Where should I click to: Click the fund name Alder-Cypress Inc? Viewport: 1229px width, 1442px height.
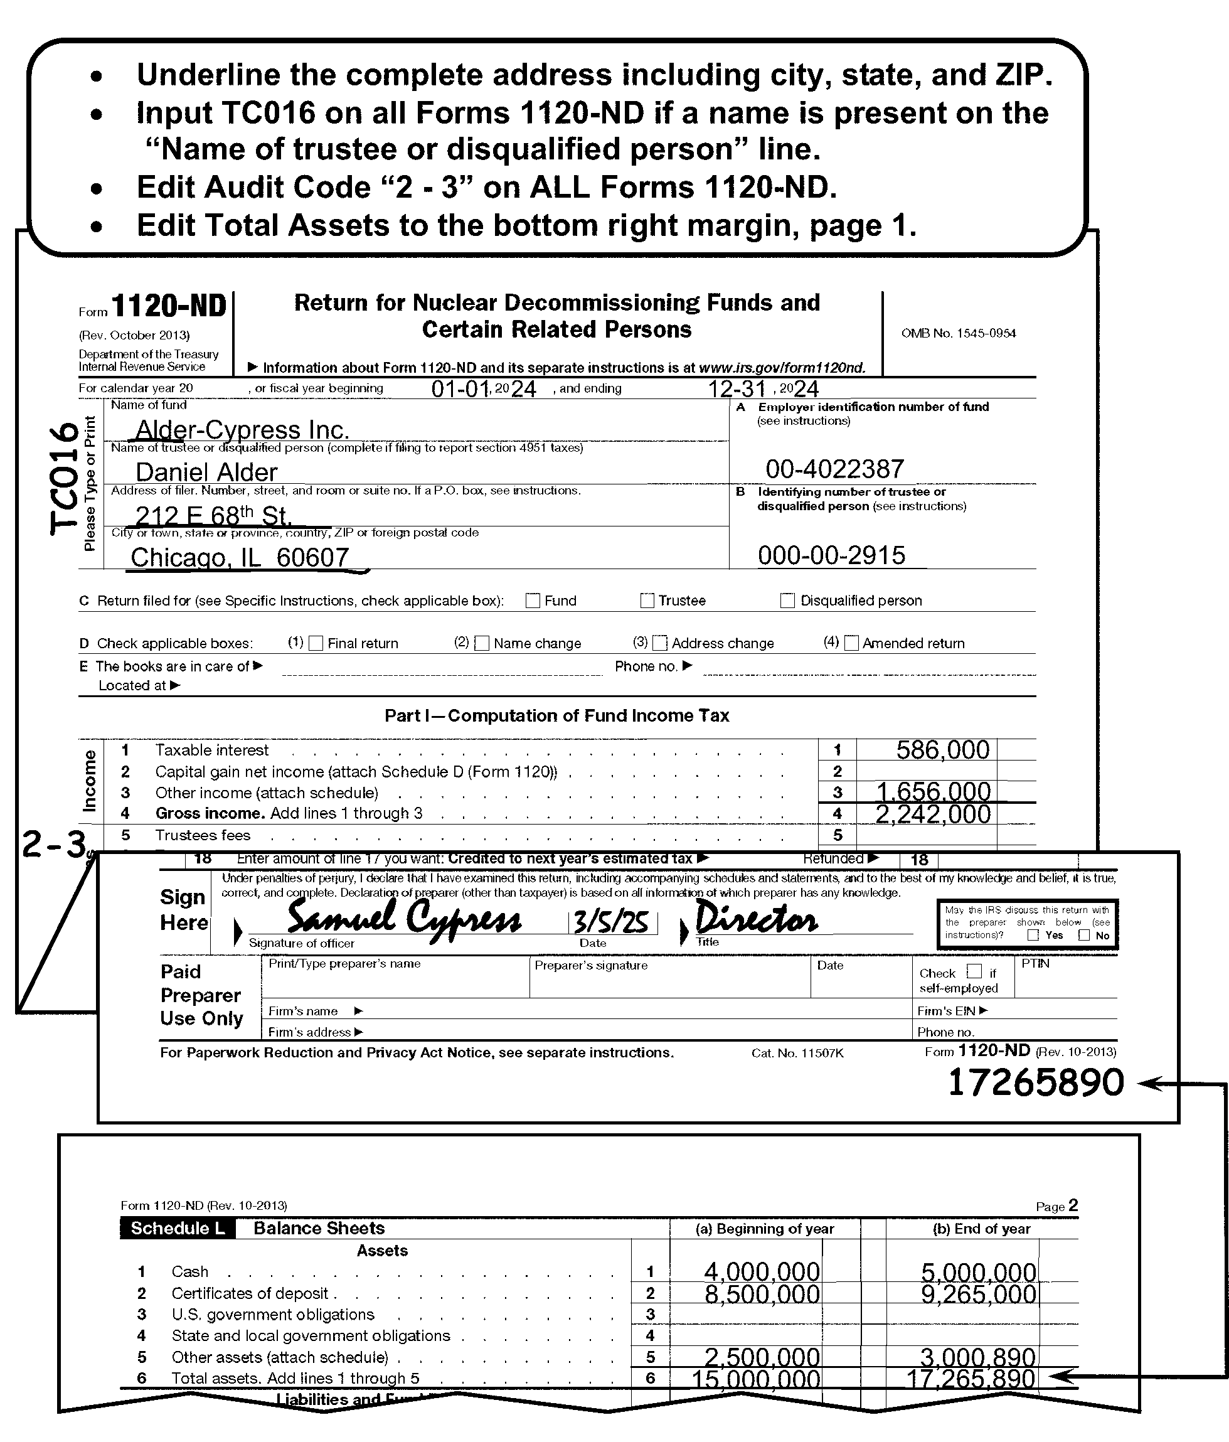click(242, 430)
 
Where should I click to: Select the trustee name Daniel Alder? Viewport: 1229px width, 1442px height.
click(206, 473)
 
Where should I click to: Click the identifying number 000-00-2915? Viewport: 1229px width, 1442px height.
click(832, 555)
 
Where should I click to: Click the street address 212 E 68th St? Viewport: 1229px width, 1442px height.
click(212, 516)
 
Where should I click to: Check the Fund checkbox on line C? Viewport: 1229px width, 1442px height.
click(533, 601)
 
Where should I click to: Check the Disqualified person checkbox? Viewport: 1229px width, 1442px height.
click(788, 601)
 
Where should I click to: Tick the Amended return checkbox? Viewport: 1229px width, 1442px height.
click(851, 643)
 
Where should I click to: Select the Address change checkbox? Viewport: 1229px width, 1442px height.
click(661, 643)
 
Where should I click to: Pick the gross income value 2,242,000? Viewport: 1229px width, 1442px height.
click(932, 814)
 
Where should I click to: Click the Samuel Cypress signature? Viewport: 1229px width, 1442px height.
click(403, 919)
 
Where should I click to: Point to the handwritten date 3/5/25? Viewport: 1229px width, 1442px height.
click(612, 923)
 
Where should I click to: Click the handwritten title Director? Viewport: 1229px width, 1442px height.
click(757, 919)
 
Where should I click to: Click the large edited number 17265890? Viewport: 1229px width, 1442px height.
click(1036, 1083)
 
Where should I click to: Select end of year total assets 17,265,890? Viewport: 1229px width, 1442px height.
click(970, 1379)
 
